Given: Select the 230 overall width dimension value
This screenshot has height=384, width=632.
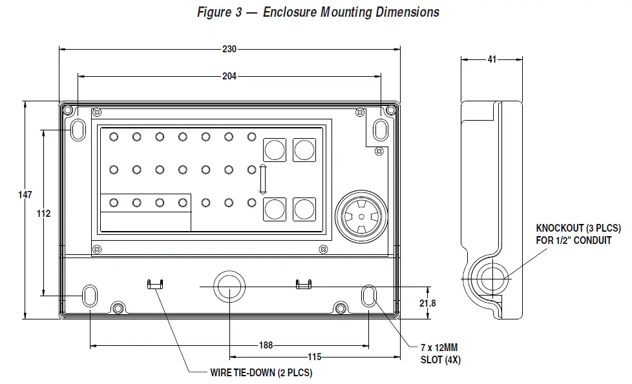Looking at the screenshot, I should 229,49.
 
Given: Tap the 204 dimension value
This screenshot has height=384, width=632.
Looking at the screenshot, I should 229,76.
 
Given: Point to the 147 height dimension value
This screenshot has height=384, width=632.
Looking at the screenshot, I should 25,194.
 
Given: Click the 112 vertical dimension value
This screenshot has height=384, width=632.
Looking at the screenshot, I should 43,213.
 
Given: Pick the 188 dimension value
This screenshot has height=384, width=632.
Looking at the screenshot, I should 265,345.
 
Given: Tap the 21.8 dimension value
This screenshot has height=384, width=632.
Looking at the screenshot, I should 427,302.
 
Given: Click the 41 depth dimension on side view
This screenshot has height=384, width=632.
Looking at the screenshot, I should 492,59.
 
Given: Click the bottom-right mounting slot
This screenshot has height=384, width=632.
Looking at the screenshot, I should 369,296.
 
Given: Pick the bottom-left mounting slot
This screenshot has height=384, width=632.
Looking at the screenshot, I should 89,296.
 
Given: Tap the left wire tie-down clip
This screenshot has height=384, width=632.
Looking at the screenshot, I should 156,284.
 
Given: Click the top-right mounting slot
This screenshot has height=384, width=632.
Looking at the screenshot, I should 381,130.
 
